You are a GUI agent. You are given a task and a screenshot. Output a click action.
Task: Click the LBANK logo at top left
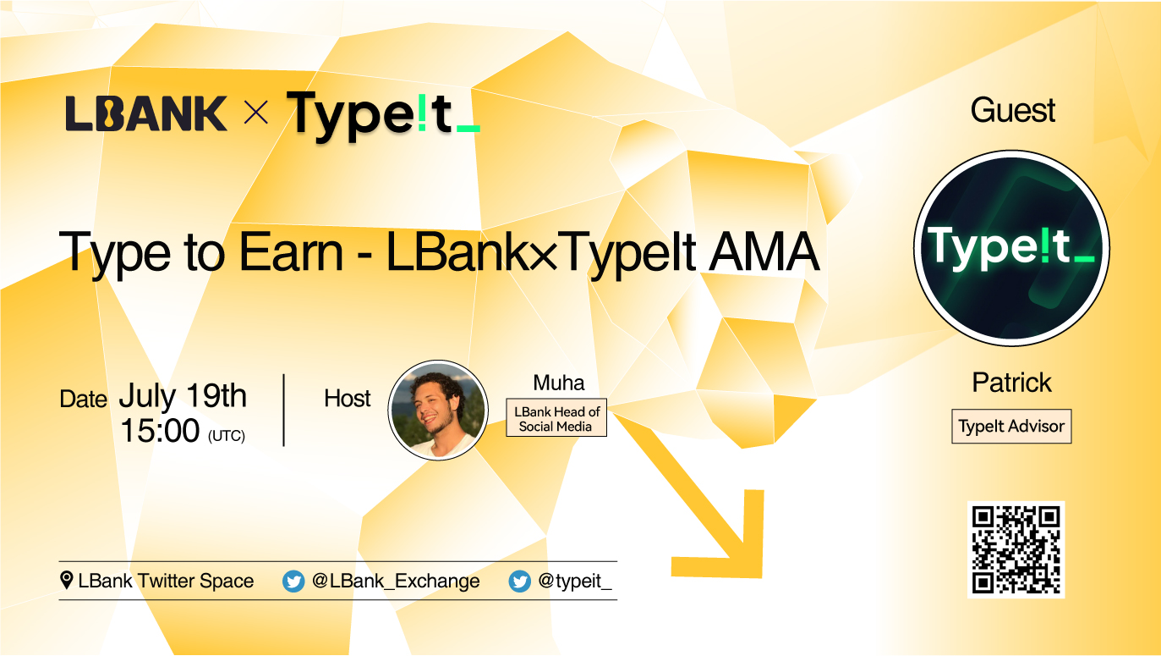pyautogui.click(x=146, y=113)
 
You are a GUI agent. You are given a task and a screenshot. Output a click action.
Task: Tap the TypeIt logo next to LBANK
pyautogui.click(x=383, y=115)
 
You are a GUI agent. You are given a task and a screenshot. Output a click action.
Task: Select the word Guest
pyautogui.click(x=1012, y=111)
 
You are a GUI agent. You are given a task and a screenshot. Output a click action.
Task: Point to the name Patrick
pyautogui.click(x=1011, y=383)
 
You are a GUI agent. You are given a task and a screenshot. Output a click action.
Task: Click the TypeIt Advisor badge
pyautogui.click(x=1011, y=427)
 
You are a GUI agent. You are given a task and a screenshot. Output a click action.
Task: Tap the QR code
pyautogui.click(x=1016, y=549)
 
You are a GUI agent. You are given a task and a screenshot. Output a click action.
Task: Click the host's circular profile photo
pyautogui.click(x=438, y=410)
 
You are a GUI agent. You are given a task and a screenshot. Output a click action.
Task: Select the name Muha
pyautogui.click(x=559, y=383)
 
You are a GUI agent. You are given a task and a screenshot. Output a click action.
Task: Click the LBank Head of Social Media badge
pyautogui.click(x=556, y=418)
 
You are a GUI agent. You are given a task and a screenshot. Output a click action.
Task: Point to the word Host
pyautogui.click(x=348, y=399)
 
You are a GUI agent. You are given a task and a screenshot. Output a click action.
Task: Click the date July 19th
pyautogui.click(x=183, y=396)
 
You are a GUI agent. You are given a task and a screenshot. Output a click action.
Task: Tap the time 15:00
pyautogui.click(x=159, y=432)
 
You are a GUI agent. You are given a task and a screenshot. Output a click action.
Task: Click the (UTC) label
pyautogui.click(x=226, y=436)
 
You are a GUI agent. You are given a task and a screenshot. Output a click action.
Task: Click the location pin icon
pyautogui.click(x=67, y=581)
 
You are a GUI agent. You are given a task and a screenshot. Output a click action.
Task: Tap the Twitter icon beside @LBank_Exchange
pyautogui.click(x=293, y=582)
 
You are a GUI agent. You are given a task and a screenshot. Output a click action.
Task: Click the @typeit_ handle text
pyautogui.click(x=574, y=582)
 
